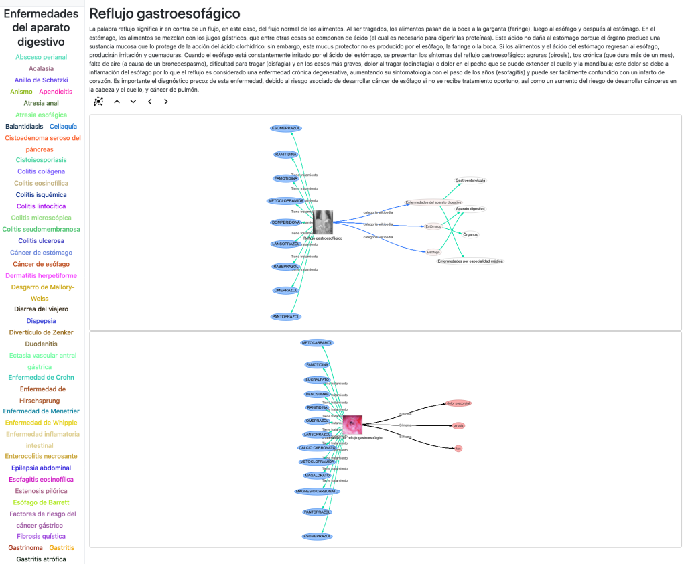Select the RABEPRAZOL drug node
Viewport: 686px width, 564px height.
(x=285, y=267)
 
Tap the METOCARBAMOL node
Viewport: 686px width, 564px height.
(x=318, y=343)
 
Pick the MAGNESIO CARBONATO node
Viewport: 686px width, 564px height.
(x=318, y=491)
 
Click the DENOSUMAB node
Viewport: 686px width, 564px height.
(x=318, y=394)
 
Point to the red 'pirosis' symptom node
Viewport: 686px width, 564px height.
(x=458, y=425)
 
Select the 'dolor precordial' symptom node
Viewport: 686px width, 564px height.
(x=458, y=403)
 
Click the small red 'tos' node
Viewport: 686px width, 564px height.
(x=458, y=448)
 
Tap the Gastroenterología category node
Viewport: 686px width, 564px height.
(x=470, y=180)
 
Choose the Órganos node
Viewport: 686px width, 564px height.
(x=470, y=234)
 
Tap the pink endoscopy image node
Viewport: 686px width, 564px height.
(x=352, y=425)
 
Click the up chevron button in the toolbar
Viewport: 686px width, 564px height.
(x=117, y=102)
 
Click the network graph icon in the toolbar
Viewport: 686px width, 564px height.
(x=98, y=102)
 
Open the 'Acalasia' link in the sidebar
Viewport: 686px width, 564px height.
(x=42, y=68)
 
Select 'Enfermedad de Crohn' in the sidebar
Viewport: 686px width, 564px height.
(x=42, y=378)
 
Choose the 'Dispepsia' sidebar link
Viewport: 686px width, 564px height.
(x=42, y=321)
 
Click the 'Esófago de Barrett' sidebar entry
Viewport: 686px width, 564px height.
(x=42, y=502)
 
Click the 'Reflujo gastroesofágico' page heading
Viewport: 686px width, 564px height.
(x=165, y=13)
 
